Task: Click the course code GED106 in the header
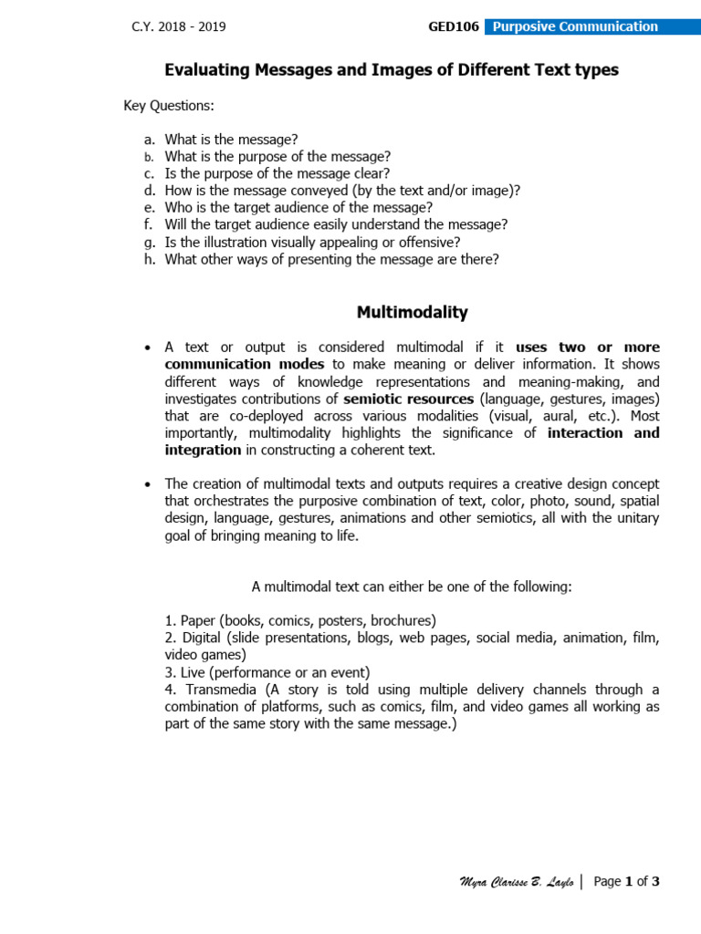(454, 26)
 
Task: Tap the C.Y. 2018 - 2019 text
(179, 26)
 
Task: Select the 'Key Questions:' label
(168, 106)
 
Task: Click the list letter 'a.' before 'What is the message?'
(150, 140)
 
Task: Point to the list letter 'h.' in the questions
(150, 259)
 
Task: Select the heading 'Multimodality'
(412, 313)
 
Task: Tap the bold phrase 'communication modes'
(245, 364)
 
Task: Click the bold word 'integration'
(203, 450)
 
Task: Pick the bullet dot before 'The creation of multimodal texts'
(148, 484)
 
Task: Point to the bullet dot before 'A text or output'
(148, 348)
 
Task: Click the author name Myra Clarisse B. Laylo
(516, 882)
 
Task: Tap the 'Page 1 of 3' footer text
(626, 881)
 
